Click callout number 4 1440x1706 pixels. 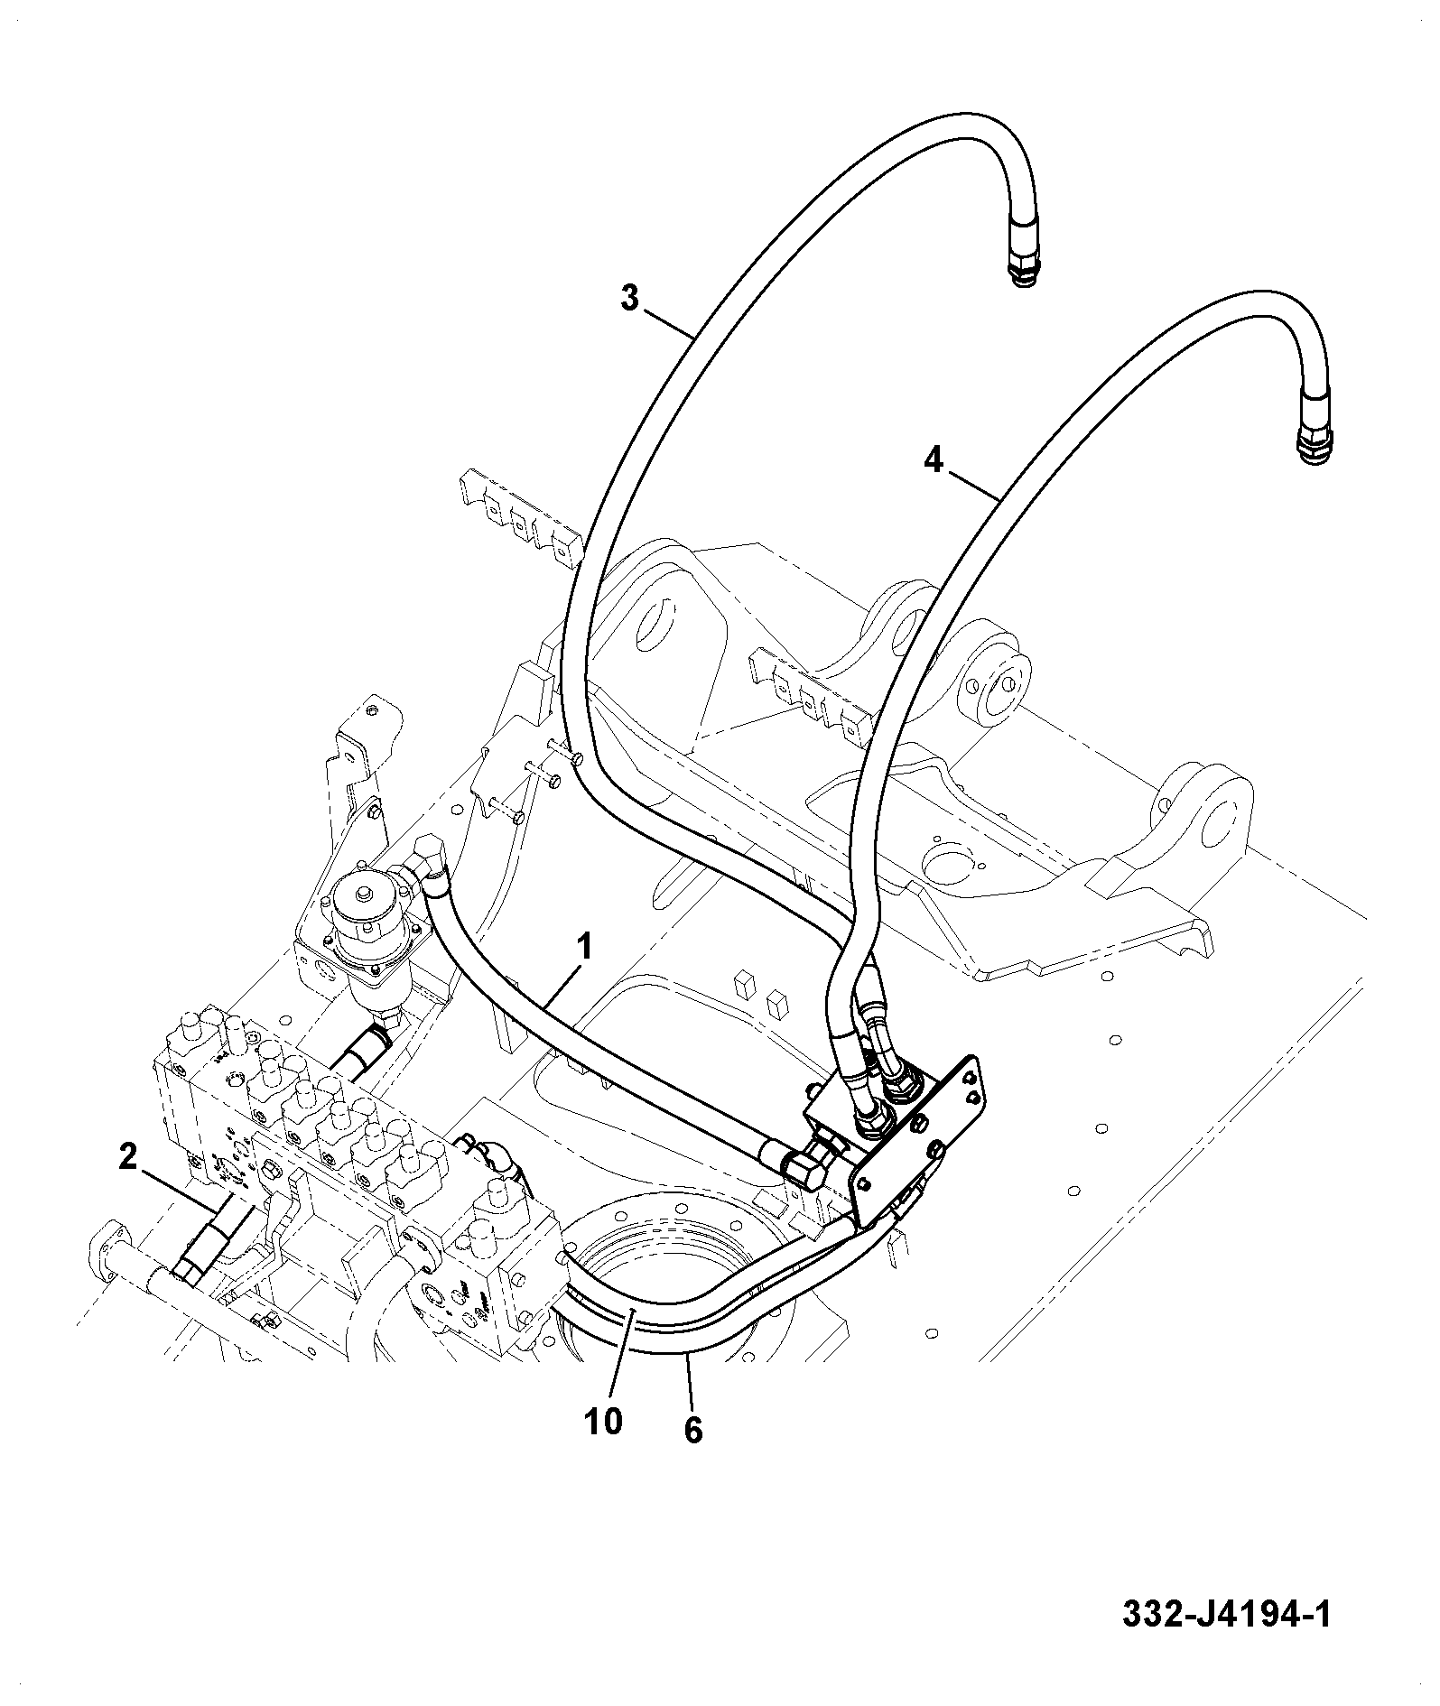point(934,461)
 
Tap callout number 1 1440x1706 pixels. point(585,948)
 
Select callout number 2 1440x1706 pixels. point(128,1156)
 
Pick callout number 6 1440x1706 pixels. point(692,1431)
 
